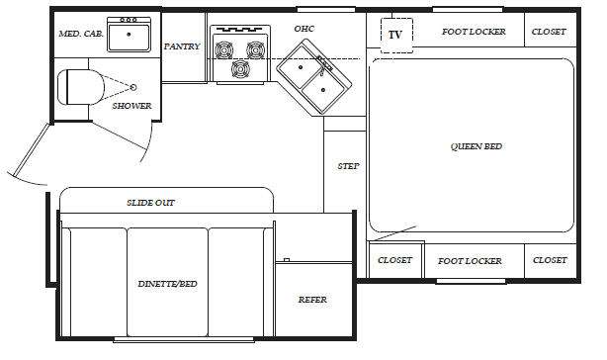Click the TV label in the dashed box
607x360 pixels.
pos(394,35)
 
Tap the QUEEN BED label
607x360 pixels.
pos(477,146)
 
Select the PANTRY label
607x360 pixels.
pos(182,46)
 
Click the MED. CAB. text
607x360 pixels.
pos(81,34)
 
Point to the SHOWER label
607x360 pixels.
pos(131,106)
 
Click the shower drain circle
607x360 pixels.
pos(133,87)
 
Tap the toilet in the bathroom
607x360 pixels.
pos(80,87)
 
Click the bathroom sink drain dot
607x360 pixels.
pos(129,34)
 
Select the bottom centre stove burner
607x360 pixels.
pos(240,69)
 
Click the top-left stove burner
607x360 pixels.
pos(224,49)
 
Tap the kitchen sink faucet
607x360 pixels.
pos(322,64)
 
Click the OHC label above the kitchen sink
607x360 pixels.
pos(303,29)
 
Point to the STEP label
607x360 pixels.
pos(348,166)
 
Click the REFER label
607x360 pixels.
pos(312,300)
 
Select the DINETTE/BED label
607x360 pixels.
pos(167,284)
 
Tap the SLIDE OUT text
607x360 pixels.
pos(150,203)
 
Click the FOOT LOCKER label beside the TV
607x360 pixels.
pos(474,32)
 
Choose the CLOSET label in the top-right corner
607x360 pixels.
pos(549,32)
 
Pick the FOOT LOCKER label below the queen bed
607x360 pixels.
pos(470,261)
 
